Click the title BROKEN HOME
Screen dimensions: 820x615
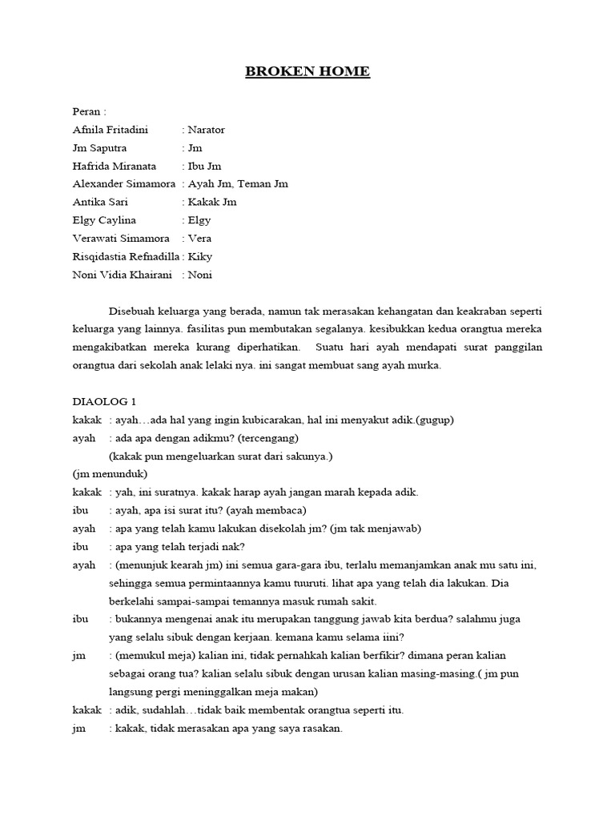click(307, 72)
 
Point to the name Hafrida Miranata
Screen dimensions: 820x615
click(115, 166)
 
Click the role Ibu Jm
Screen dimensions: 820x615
click(204, 166)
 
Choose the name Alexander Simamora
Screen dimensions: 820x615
click(124, 184)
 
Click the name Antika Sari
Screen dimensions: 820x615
click(100, 203)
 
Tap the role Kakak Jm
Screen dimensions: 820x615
click(209, 203)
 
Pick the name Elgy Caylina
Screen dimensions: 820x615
click(104, 220)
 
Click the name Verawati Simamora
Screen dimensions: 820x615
click(120, 239)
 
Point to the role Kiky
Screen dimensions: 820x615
click(200, 257)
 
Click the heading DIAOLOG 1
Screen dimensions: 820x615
click(104, 402)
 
